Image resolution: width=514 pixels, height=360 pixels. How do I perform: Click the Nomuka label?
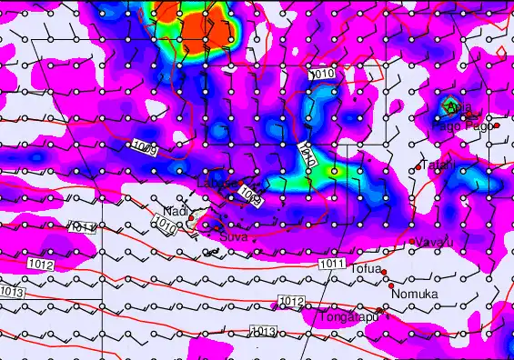[415, 294]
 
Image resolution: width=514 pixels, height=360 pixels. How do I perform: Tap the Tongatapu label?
[345, 317]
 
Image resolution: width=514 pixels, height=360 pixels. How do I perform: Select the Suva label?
[234, 235]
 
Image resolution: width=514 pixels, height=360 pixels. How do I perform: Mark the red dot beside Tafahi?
[418, 166]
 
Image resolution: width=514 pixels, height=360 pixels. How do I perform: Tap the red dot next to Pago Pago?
[498, 125]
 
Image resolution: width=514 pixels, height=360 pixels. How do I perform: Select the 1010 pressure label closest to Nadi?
[166, 224]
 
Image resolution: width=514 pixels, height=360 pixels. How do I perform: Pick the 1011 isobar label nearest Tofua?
[331, 264]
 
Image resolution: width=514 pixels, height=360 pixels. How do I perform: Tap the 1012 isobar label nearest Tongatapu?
[291, 302]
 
